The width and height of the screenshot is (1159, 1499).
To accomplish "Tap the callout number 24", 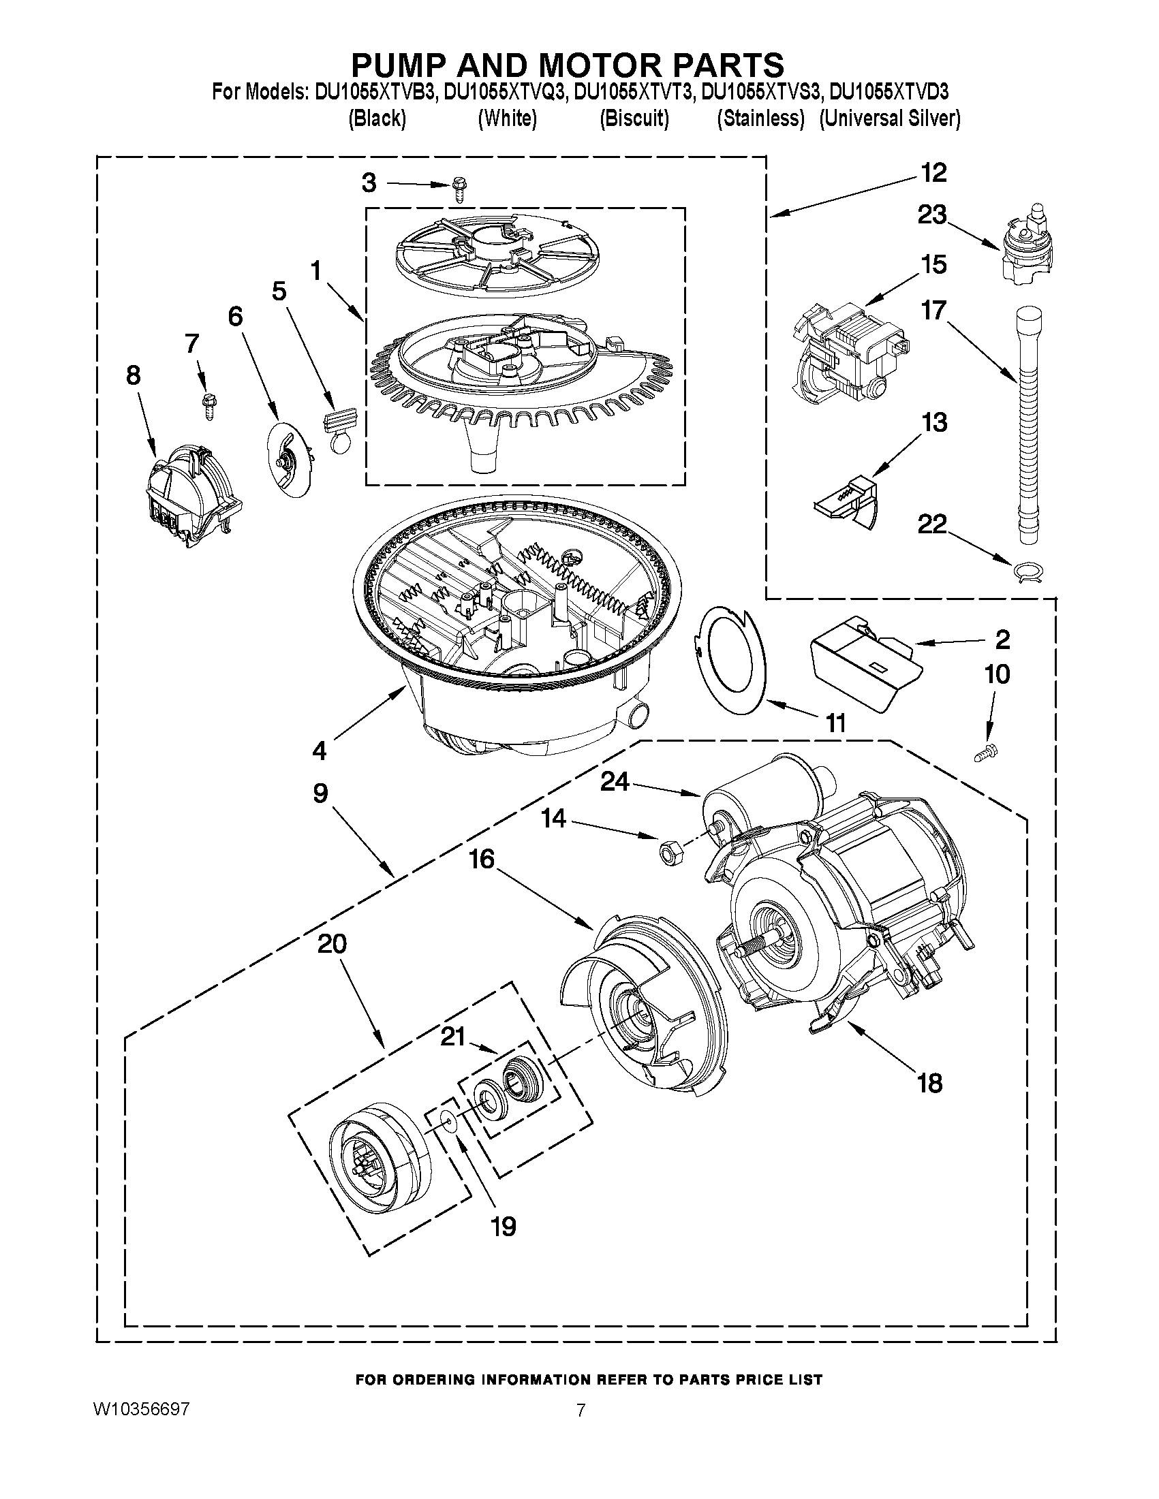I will click(614, 781).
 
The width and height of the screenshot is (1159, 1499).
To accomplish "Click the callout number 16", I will click(482, 859).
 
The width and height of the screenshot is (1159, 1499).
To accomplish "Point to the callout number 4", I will click(320, 751).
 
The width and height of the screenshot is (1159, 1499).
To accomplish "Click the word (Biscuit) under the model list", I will click(634, 119).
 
